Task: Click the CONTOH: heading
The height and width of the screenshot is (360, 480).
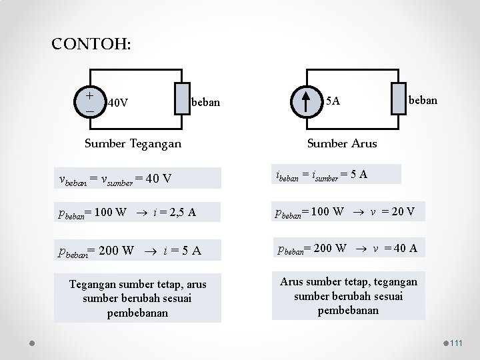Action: pyautogui.click(x=91, y=45)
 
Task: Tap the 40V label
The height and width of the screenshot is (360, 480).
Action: pyautogui.click(x=118, y=103)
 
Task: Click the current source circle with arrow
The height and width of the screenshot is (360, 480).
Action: pyautogui.click(x=305, y=101)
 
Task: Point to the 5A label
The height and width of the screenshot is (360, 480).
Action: pyautogui.click(x=333, y=101)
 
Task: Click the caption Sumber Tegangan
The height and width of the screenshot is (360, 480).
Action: pyautogui.click(x=133, y=143)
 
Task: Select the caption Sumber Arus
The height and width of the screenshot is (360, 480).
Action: pyautogui.click(x=341, y=143)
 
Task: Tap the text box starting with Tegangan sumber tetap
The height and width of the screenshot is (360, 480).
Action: pyautogui.click(x=138, y=299)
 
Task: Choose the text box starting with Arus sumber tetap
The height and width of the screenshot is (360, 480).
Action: pyautogui.click(x=348, y=295)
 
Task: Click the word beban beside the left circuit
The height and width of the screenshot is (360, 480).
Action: pyautogui.click(x=205, y=103)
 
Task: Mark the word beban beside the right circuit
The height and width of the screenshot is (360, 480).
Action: pyautogui.click(x=423, y=100)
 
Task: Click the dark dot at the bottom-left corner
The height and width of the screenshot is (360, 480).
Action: pyautogui.click(x=33, y=343)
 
